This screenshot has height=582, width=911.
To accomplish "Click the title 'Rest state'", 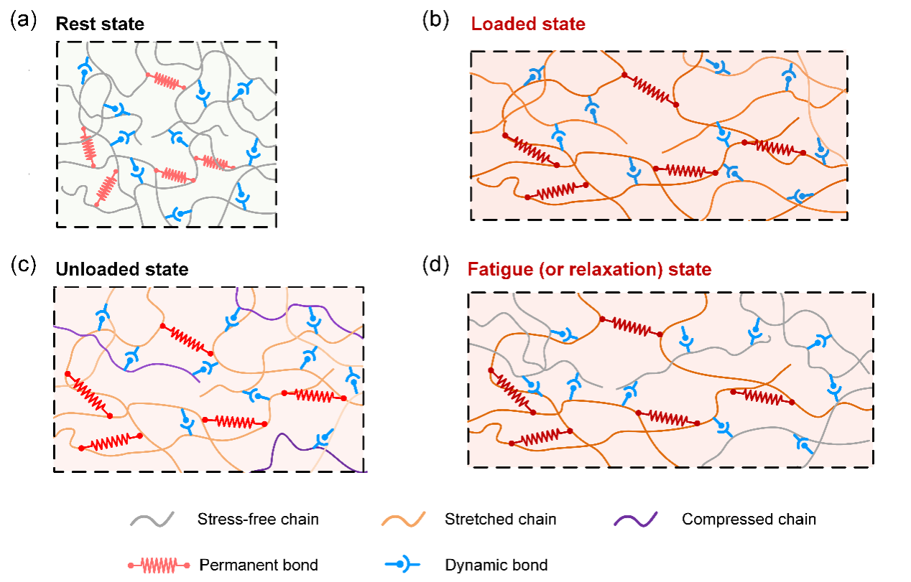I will tap(100, 24).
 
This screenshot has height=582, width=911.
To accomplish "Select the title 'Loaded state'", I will tap(528, 24).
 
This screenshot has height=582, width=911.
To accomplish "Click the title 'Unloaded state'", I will tap(122, 270).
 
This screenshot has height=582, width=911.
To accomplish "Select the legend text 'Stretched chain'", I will tap(501, 519).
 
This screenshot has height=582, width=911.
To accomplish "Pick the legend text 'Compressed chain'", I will tap(749, 519).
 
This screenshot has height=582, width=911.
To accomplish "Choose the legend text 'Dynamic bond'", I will tap(495, 565).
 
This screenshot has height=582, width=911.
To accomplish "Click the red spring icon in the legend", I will tap(159, 565).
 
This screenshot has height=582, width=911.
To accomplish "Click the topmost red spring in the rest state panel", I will tap(166, 81).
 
